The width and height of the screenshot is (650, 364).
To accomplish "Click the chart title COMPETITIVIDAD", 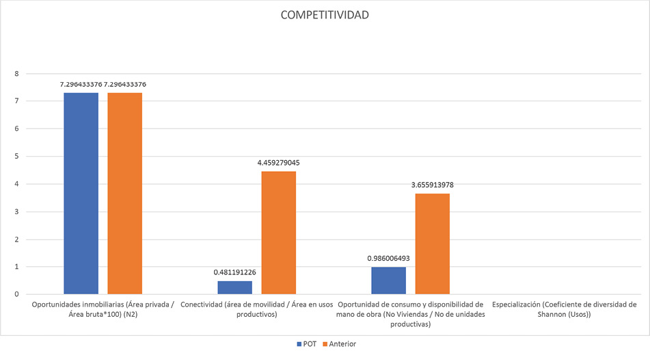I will click(x=325, y=15).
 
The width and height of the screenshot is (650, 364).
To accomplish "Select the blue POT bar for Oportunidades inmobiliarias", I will click(x=81, y=193).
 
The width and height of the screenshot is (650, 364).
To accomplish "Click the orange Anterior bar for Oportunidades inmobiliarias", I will click(x=125, y=193).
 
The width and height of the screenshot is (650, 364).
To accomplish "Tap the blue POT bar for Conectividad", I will click(x=234, y=287).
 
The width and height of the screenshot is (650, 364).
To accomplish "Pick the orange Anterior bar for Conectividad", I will click(x=278, y=233).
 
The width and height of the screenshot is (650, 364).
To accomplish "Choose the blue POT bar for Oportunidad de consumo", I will click(x=388, y=281).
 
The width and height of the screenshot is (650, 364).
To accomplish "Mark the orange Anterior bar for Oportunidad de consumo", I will click(x=432, y=244).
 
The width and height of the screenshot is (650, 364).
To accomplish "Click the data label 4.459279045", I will click(x=278, y=163).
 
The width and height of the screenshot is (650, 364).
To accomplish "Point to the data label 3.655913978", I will click(x=432, y=185).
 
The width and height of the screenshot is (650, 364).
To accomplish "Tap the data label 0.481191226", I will click(x=234, y=272).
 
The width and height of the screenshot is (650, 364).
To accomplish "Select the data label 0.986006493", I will click(x=388, y=259).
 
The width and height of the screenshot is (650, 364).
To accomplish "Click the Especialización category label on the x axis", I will click(x=565, y=309).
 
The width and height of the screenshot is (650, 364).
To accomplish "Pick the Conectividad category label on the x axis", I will click(x=256, y=309).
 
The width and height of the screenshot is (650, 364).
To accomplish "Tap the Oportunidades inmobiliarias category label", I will click(x=103, y=309).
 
